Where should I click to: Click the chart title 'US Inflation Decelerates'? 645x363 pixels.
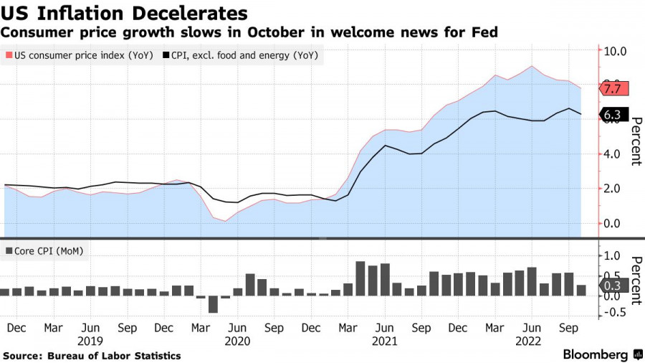pos(125,13)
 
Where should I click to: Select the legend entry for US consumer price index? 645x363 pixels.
pos(79,55)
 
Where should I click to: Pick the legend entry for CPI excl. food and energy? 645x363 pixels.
pos(240,55)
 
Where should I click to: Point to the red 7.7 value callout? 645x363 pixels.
pos(613,89)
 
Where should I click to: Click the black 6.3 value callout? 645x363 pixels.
pos(613,115)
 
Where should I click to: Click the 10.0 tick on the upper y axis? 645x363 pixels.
pos(616,52)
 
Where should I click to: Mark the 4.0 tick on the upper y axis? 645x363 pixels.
pos(616,154)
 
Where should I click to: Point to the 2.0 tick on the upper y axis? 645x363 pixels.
pos(616,189)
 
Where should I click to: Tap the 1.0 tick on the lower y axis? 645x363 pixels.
pos(616,255)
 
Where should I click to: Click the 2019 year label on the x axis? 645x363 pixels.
pos(90,340)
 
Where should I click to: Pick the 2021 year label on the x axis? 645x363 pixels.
pos(385,340)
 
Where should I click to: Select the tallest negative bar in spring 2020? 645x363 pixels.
pos(213,304)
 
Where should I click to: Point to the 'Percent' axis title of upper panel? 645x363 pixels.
pos(635,141)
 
